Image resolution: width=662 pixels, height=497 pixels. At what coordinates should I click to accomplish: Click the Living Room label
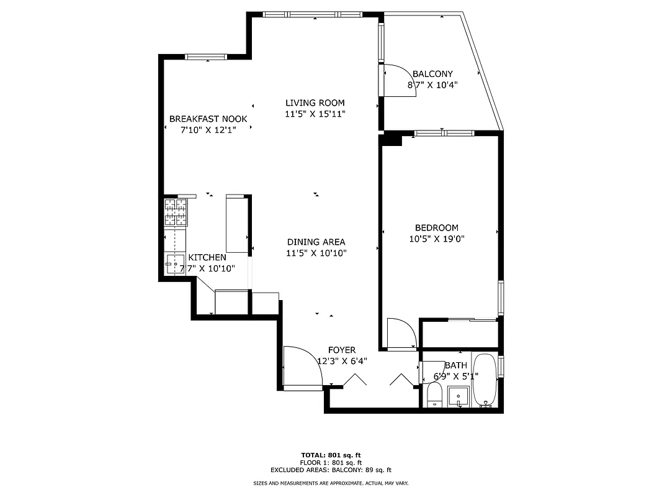click(315, 103)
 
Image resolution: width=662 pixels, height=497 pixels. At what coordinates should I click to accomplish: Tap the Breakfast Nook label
click(208, 119)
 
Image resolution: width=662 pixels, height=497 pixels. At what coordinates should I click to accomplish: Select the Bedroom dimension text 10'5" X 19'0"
click(437, 238)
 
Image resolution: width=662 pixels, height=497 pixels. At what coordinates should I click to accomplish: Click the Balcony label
click(437, 74)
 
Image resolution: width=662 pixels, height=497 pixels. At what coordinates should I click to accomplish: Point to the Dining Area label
click(316, 242)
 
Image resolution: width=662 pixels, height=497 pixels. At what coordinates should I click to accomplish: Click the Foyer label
click(342, 350)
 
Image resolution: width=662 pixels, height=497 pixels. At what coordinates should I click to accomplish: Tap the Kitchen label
click(207, 257)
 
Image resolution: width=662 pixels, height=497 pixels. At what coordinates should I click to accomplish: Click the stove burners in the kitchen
click(175, 211)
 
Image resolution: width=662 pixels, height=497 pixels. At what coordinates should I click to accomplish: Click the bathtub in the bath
click(485, 380)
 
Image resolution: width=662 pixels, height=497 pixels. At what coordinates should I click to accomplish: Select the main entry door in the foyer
click(302, 368)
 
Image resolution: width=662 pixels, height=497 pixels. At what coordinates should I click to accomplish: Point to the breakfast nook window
click(207, 57)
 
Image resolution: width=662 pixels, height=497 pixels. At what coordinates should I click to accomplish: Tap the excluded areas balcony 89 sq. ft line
click(331, 470)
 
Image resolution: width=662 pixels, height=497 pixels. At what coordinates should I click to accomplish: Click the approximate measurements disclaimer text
click(331, 483)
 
